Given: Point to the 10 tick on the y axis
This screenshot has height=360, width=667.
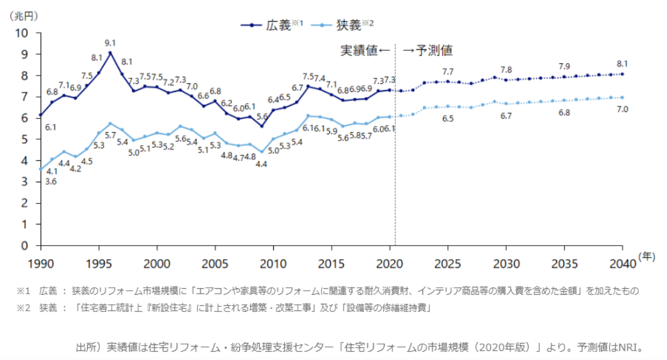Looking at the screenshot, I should (23, 33).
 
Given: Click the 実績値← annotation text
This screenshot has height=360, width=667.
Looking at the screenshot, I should (365, 50).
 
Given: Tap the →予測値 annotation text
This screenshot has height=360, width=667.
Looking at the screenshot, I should (428, 50).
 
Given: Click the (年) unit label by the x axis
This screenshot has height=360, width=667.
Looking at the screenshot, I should (647, 257).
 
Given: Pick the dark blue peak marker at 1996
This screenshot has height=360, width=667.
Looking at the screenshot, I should (110, 53).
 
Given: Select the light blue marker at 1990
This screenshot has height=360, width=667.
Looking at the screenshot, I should (41, 170).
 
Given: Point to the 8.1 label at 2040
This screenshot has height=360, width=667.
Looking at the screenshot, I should (622, 63).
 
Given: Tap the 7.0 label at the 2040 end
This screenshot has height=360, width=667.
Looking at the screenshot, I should (622, 110).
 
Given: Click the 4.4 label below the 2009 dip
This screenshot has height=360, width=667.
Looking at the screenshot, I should (262, 164).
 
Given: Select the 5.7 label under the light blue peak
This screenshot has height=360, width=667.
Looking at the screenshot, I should (110, 136).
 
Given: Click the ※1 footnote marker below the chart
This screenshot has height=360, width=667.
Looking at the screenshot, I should (23, 291).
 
